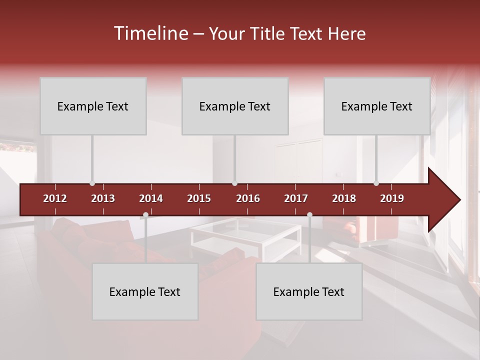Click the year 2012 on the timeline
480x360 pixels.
tap(55, 198)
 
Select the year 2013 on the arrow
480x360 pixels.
tap(103, 198)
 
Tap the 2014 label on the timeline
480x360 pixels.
tap(151, 198)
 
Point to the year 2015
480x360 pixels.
tap(199, 198)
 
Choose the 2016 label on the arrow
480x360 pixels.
tap(248, 198)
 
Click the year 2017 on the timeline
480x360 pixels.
tap(296, 198)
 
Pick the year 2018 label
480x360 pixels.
tap(344, 198)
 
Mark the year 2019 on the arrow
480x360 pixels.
tap(392, 198)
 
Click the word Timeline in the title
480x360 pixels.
tap(150, 33)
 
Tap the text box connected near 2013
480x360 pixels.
tap(93, 106)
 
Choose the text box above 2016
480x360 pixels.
tap(235, 106)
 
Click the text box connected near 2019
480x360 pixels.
tap(377, 106)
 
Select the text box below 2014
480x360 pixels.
tap(145, 291)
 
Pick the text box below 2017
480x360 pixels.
tap(309, 291)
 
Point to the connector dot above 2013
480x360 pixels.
tap(92, 183)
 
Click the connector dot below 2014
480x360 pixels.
tap(145, 215)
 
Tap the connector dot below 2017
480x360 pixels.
tap(309, 215)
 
